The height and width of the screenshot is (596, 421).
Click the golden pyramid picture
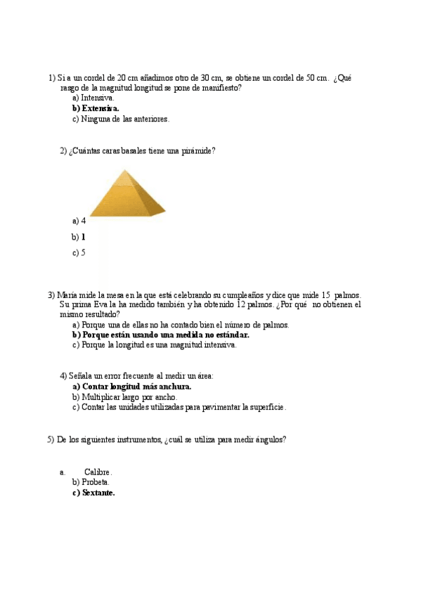(x=126, y=193)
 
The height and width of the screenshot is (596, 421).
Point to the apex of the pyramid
(x=125, y=170)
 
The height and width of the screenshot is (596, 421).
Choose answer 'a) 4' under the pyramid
(x=79, y=221)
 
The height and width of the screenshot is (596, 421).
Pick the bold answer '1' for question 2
(x=83, y=238)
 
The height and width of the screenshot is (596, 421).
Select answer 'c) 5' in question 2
(x=79, y=253)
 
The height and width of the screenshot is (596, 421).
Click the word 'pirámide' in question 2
(x=198, y=151)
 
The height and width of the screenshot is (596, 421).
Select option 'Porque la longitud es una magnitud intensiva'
(x=159, y=345)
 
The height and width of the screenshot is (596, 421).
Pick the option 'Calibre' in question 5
(x=98, y=472)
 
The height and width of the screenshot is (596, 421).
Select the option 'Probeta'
(x=95, y=483)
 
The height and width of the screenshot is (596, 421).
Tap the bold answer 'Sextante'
(x=98, y=493)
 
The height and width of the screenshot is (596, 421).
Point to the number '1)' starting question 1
(x=51, y=78)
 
